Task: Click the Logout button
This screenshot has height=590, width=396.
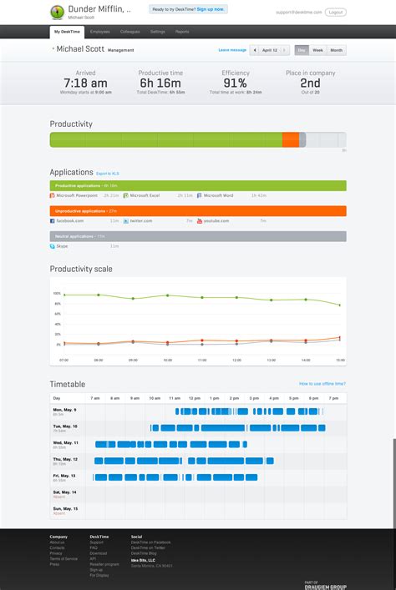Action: pyautogui.click(x=336, y=13)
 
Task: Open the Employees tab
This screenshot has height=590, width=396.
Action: pyautogui.click(x=99, y=31)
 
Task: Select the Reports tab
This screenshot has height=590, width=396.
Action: pyautogui.click(x=181, y=31)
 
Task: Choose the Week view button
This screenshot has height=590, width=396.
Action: pyautogui.click(x=317, y=50)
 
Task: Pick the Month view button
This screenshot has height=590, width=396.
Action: pyautogui.click(x=336, y=50)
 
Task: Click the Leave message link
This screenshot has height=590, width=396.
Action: pyautogui.click(x=232, y=50)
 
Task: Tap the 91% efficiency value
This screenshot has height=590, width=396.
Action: pyautogui.click(x=236, y=83)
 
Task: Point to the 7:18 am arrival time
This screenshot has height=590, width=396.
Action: pyautogui.click(x=85, y=83)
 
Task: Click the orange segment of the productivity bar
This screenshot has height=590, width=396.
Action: pyautogui.click(x=290, y=139)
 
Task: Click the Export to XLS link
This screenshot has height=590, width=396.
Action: pyautogui.click(x=108, y=173)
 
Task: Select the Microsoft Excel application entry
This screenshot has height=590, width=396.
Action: pyautogui.click(x=143, y=194)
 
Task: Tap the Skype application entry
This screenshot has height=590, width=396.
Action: pyautogui.click(x=63, y=247)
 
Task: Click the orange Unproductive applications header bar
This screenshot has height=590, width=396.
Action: pyautogui.click(x=198, y=211)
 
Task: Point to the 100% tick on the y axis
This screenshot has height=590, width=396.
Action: pyautogui.click(x=57, y=294)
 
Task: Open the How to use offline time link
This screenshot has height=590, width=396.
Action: pyautogui.click(x=322, y=383)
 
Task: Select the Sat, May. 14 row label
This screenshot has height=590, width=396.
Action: pyautogui.click(x=64, y=492)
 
